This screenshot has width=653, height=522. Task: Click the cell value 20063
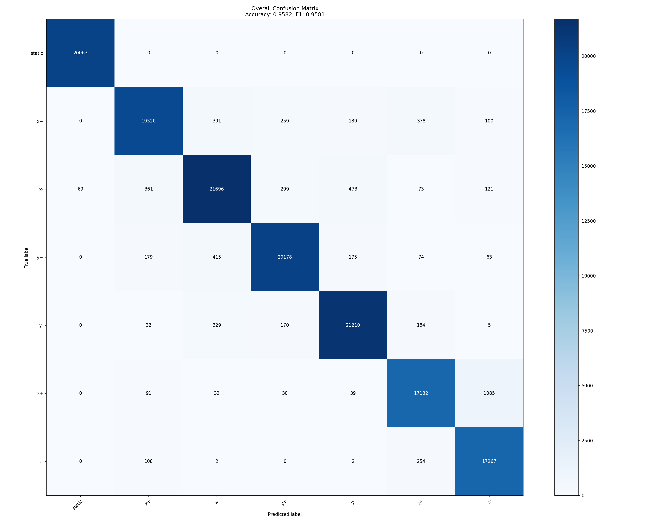[x=80, y=53]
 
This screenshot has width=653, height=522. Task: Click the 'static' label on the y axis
[x=37, y=54]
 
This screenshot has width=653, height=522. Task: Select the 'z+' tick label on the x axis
[x=420, y=503]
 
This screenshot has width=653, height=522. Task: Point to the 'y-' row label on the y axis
[x=41, y=326]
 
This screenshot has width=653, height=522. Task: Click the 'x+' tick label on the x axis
[x=147, y=503]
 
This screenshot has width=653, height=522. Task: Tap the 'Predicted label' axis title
[x=285, y=514]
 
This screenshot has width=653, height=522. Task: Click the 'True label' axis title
[x=26, y=257]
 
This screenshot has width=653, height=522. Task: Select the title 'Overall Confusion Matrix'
[x=285, y=8]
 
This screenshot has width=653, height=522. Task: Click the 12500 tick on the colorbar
[x=589, y=221]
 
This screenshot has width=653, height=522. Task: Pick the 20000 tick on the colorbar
[x=589, y=56]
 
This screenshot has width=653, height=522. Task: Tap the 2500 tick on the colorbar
[x=587, y=441]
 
